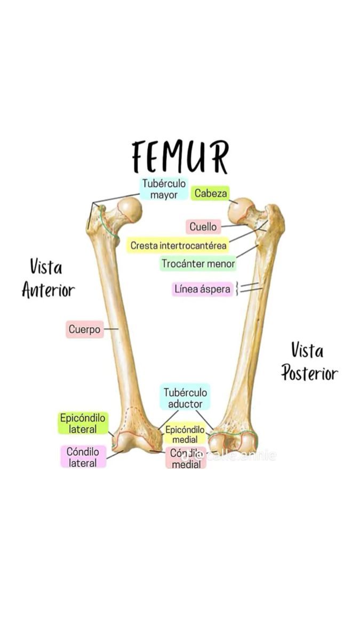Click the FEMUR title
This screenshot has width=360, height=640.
click(x=180, y=156)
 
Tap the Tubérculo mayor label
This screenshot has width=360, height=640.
click(x=164, y=189)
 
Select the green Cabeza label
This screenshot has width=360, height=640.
click(x=211, y=193)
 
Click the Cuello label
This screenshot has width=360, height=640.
click(x=203, y=227)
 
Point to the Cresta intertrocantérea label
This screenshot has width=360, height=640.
click(x=179, y=246)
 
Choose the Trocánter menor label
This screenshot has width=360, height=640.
click(x=198, y=263)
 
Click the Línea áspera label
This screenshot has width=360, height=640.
click(x=203, y=289)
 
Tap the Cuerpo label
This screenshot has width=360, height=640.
click(x=84, y=330)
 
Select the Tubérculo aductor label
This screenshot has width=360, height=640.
click(x=185, y=397)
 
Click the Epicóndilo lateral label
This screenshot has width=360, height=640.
click(x=83, y=423)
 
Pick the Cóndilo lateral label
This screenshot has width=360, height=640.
click(x=83, y=458)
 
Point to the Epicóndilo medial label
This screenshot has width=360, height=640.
click(x=185, y=435)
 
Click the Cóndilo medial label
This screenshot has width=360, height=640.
click(x=186, y=459)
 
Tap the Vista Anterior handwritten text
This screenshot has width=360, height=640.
click(x=48, y=278)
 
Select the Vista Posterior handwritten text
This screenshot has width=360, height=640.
click(x=309, y=362)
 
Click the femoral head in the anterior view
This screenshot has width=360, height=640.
click(x=130, y=210)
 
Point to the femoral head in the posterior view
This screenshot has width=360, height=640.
click(x=241, y=210)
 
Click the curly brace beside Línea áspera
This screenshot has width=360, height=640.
click(x=238, y=289)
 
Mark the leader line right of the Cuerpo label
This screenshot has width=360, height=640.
click(x=111, y=330)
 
